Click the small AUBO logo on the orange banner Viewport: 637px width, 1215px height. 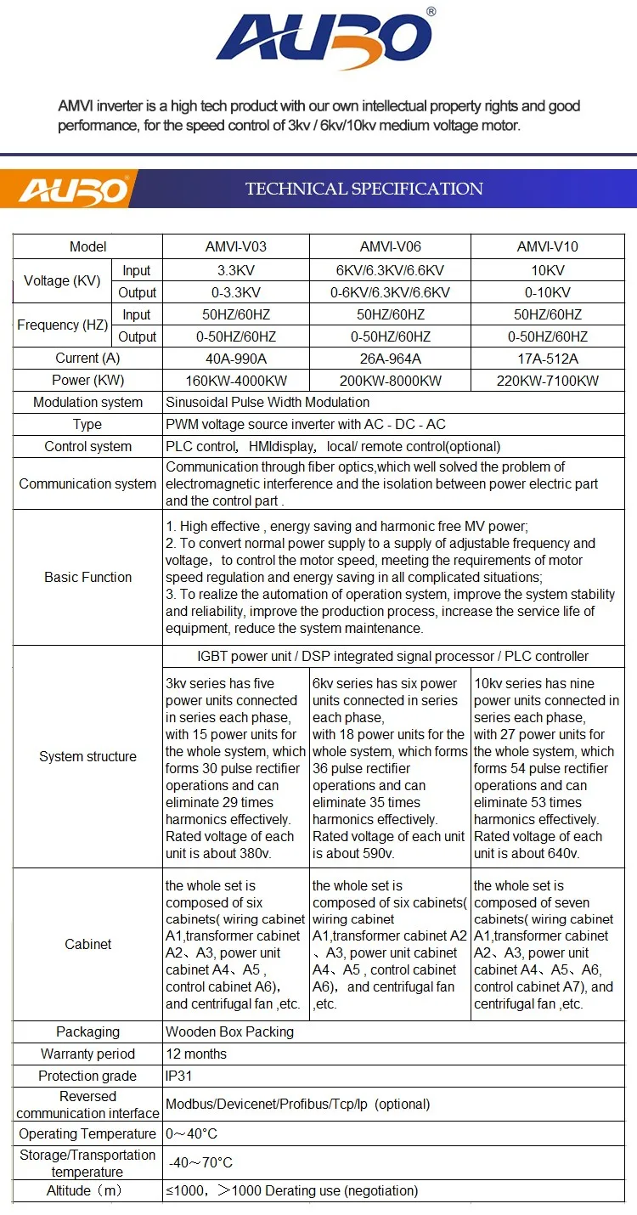[x=73, y=189]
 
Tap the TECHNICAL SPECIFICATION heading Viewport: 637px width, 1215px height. [x=364, y=189]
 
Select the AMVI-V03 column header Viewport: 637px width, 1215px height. [x=235, y=246]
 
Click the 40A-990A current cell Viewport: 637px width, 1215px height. [x=235, y=359]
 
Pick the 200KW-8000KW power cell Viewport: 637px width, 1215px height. [x=390, y=381]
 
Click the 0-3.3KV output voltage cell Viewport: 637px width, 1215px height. [x=235, y=292]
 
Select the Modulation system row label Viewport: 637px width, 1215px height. [x=87, y=402]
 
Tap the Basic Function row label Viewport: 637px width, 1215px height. [x=87, y=577]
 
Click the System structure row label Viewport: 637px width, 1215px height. [x=87, y=756]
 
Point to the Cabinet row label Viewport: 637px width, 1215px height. [x=87, y=944]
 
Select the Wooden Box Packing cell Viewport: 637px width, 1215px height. [x=229, y=1031]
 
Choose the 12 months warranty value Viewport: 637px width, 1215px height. [x=196, y=1054]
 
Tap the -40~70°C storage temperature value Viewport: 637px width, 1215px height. [x=200, y=1162]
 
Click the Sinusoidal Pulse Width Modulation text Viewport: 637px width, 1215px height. [x=268, y=402]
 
